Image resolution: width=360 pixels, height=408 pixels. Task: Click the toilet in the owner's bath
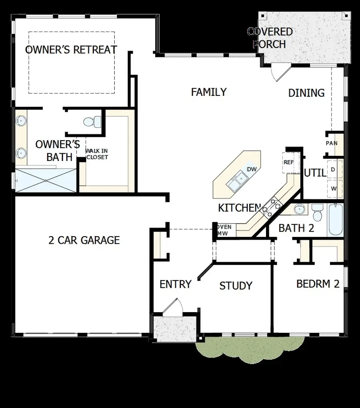coord(92,122)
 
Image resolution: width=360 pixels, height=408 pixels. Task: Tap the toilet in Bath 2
coord(317,212)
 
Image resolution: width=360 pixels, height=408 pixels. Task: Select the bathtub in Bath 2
coord(335,220)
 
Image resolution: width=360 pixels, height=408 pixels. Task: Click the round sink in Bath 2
coord(300,209)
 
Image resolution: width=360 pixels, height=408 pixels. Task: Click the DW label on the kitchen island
coord(252,169)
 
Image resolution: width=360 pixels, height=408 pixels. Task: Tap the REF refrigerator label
coord(289,162)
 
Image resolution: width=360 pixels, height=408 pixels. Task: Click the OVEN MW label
coord(224,230)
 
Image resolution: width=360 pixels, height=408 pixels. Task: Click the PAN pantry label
coord(331,143)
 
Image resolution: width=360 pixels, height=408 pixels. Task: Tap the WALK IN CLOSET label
coord(97,154)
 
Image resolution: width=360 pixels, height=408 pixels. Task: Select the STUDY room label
coord(236,286)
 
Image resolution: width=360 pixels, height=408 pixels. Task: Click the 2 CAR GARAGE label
coord(84,240)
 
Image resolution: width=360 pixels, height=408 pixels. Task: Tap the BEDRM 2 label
coord(318,284)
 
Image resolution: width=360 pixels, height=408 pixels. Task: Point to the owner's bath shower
coord(46,180)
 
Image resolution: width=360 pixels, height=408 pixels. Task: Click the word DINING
coord(306,93)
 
